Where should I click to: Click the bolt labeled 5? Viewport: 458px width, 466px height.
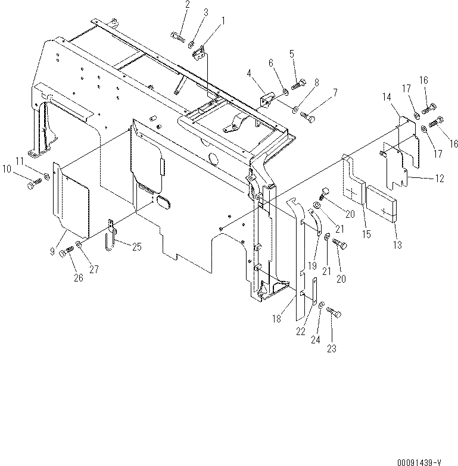pyautogui.click(x=298, y=84)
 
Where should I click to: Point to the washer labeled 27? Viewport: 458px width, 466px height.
pyautogui.click(x=80, y=245)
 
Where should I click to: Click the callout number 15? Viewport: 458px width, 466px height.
pyautogui.click(x=366, y=234)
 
